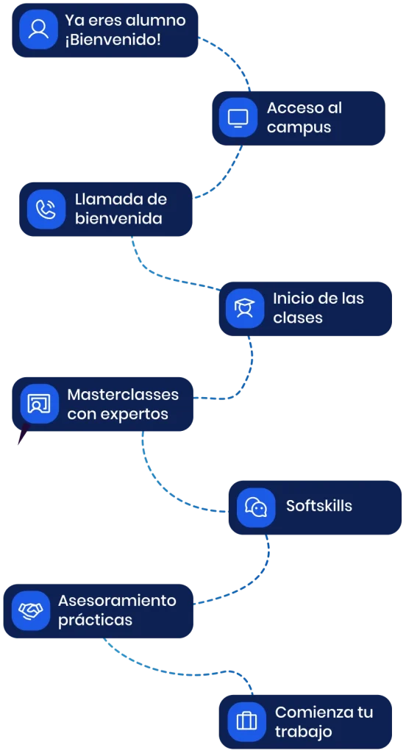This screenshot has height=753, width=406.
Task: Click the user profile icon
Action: (x=38, y=29)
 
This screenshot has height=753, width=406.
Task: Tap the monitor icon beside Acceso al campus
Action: (x=238, y=118)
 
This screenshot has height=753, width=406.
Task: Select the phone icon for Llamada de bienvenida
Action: (x=46, y=209)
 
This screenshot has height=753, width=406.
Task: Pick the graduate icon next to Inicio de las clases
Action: (x=245, y=308)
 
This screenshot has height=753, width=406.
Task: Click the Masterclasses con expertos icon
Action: (x=40, y=404)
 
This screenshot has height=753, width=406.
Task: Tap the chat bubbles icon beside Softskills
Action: (x=256, y=507)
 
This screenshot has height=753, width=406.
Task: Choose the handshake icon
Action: (x=31, y=610)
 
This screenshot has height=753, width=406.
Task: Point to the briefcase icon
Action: (x=247, y=721)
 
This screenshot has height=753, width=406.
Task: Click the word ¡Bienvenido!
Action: (x=113, y=40)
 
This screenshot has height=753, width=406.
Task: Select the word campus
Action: (x=299, y=128)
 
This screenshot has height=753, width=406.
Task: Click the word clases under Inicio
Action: (x=297, y=318)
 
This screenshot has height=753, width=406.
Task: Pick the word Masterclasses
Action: (x=123, y=395)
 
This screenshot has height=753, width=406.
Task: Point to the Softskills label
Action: (x=319, y=506)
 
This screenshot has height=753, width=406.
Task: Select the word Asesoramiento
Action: (x=117, y=601)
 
